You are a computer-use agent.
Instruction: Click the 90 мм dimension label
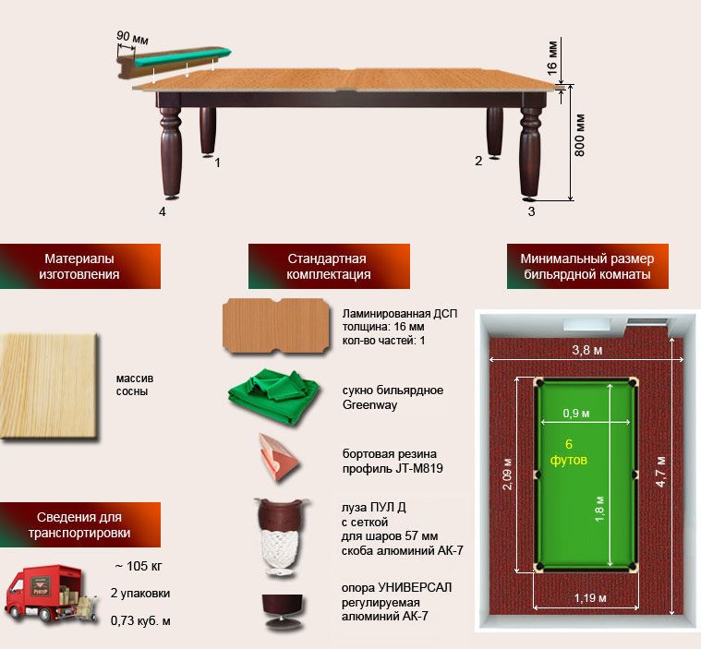[132, 38]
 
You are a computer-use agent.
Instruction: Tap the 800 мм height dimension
[579, 135]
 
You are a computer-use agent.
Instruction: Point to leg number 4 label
[163, 211]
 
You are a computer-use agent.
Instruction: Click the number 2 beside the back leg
[478, 161]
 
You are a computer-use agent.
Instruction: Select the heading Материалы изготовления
[79, 266]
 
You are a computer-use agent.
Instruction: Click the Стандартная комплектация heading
[329, 266]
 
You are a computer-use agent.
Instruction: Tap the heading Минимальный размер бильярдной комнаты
[587, 266]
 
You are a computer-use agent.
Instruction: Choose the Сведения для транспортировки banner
[79, 524]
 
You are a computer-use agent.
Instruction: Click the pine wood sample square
[48, 386]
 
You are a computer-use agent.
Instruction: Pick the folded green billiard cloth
[273, 397]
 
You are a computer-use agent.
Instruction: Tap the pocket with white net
[282, 536]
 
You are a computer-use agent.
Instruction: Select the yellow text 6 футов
[569, 451]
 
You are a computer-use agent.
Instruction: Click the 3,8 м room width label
[587, 350]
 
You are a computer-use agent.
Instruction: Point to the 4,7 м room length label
[661, 471]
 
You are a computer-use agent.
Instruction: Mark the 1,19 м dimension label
[590, 597]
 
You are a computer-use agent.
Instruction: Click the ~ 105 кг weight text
[139, 566]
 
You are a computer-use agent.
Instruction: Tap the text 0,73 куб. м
[140, 620]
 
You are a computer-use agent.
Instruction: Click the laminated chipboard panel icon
[276, 326]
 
